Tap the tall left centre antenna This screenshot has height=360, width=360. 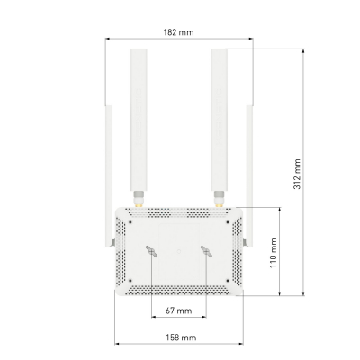140,117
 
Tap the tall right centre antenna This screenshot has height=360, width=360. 219,117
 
